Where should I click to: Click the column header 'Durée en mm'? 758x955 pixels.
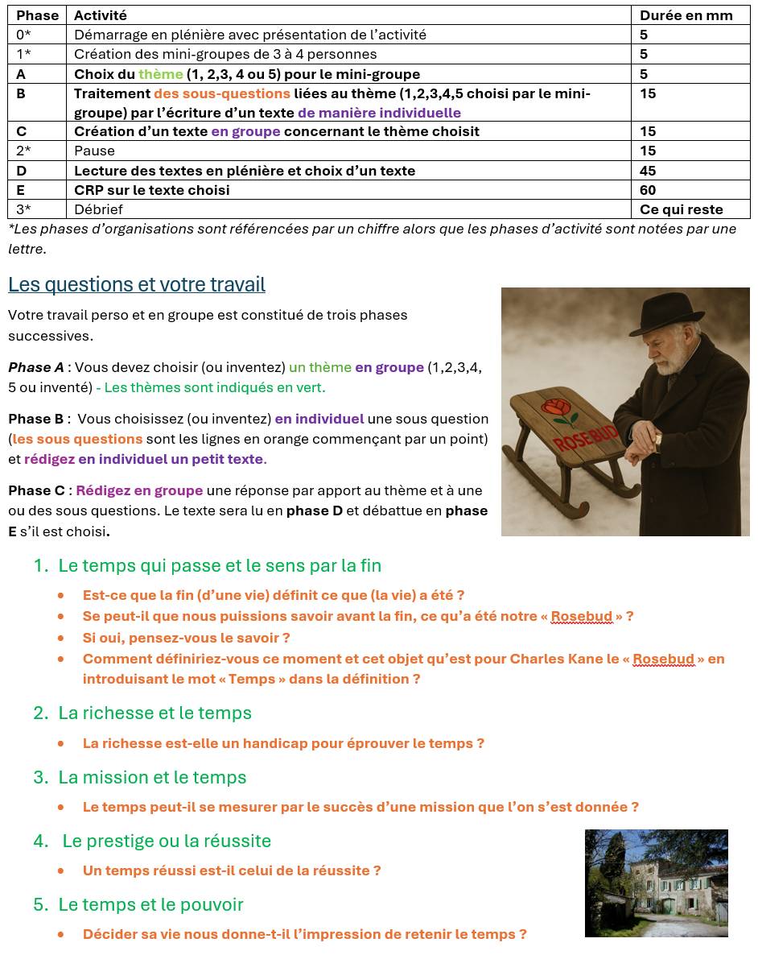[686, 15]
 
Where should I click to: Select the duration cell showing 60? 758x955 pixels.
[648, 190]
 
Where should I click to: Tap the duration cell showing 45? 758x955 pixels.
[648, 171]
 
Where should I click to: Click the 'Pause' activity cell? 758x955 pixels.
[94, 151]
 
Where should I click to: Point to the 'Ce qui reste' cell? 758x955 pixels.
[681, 209]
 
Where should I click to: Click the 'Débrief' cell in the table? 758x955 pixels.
[98, 209]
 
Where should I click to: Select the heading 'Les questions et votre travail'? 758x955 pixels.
[137, 284]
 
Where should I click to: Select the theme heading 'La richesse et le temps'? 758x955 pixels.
[154, 713]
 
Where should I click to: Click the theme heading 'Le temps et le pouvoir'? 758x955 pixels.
[150, 904]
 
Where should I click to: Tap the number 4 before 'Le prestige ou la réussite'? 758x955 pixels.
[39, 841]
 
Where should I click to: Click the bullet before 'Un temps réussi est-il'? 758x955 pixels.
[61, 870]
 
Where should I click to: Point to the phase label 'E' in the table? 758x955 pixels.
[21, 190]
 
